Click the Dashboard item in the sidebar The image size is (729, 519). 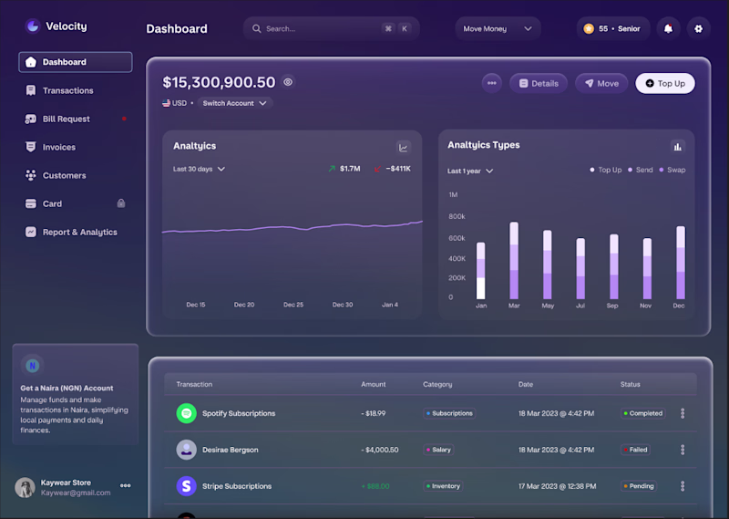(x=75, y=62)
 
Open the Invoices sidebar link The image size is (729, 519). (x=58, y=147)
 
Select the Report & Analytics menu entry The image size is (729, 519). (x=79, y=232)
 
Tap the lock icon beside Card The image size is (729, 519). (x=121, y=203)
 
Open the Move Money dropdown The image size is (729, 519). (x=498, y=28)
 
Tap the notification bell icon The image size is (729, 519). (x=668, y=28)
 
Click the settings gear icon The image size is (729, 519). (x=699, y=28)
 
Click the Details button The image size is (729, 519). (x=538, y=83)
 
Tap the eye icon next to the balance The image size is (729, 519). (x=288, y=82)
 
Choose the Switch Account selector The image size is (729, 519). (x=235, y=103)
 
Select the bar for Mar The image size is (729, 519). (x=514, y=260)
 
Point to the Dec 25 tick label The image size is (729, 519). (x=293, y=305)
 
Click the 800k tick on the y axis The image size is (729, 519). (x=457, y=217)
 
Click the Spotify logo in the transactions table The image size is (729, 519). (x=186, y=413)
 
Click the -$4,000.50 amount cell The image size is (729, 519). (x=380, y=450)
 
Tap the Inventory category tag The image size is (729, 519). (x=443, y=486)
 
